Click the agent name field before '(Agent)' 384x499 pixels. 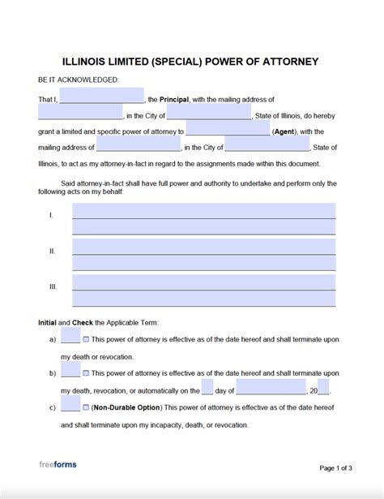tap(228, 129)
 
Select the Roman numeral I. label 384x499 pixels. tap(51, 215)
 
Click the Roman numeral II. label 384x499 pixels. tap(52, 251)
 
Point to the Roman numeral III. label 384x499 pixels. tap(53, 286)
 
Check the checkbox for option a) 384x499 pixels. tap(87, 339)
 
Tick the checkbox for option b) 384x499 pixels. tap(87, 372)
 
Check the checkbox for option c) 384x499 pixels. tap(87, 407)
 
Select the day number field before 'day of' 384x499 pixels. tap(207, 389)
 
